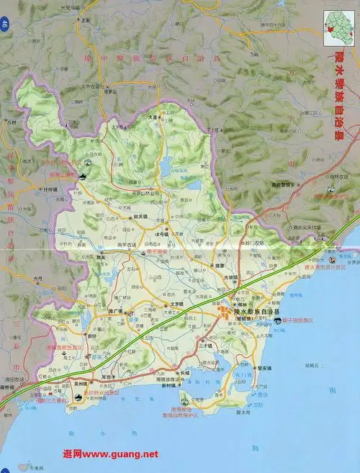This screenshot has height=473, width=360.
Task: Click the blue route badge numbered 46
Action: coord(5,25)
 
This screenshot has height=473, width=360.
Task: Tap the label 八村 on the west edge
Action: coord(11,123)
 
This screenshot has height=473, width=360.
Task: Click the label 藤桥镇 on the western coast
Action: coord(6,387)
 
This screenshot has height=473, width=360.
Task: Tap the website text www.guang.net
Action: coord(111,454)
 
